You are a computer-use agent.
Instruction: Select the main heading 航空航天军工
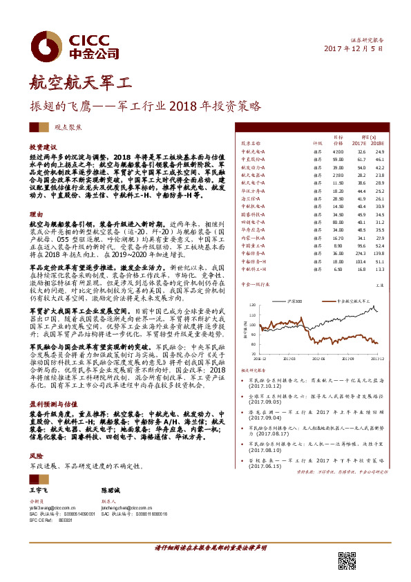(x=79, y=84)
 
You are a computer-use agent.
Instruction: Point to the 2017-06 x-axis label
(x=318, y=359)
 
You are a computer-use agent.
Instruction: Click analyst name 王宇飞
(x=39, y=489)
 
